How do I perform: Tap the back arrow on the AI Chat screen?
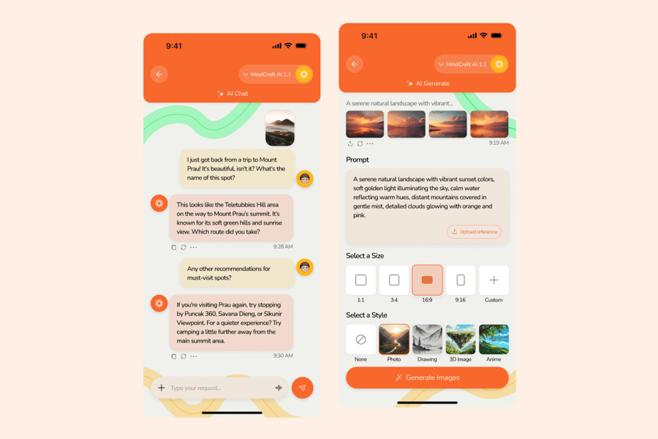tap(159, 75)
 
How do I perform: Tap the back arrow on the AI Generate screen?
tap(355, 64)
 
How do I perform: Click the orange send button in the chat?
tap(302, 388)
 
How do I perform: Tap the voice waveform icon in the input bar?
tap(279, 388)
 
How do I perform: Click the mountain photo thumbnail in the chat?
tap(280, 128)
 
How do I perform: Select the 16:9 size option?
tap(427, 280)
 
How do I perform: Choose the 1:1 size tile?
tap(360, 280)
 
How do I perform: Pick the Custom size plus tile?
tap(494, 280)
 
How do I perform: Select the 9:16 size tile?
tap(461, 280)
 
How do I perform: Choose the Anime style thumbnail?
tap(494, 339)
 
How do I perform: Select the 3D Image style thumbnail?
tap(461, 339)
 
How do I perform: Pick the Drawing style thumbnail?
tap(427, 339)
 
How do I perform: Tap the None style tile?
tap(360, 339)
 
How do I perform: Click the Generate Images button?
tap(427, 378)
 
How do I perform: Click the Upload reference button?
tap(474, 232)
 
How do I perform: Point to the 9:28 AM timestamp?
tap(283, 247)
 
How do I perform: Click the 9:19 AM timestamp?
tap(499, 143)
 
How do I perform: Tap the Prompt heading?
tap(358, 160)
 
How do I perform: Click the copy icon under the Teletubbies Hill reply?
tap(174, 247)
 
